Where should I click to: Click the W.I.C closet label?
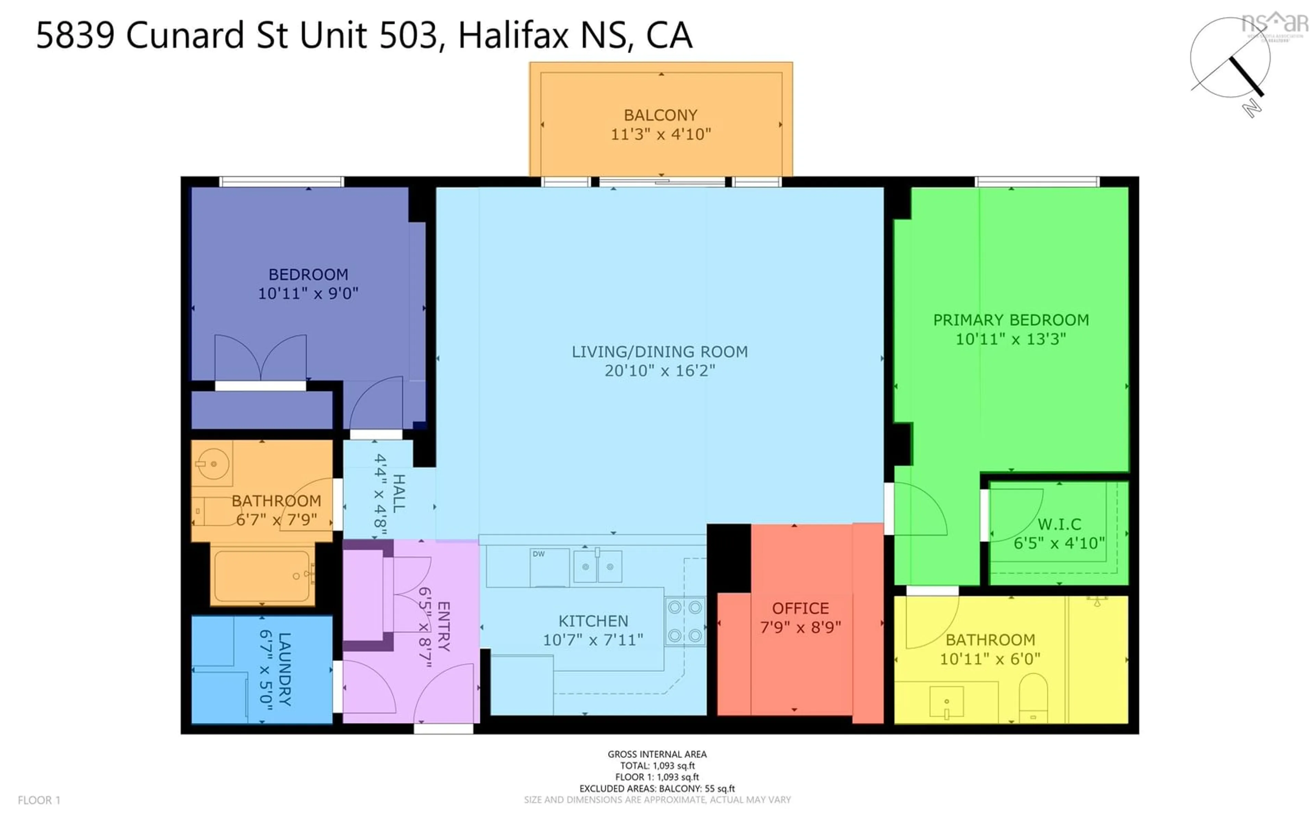coord(1059,525)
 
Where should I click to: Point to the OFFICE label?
coord(800,608)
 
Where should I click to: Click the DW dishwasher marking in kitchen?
coord(539,554)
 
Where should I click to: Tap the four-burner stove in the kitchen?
coord(685,621)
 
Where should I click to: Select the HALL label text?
coord(398,493)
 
